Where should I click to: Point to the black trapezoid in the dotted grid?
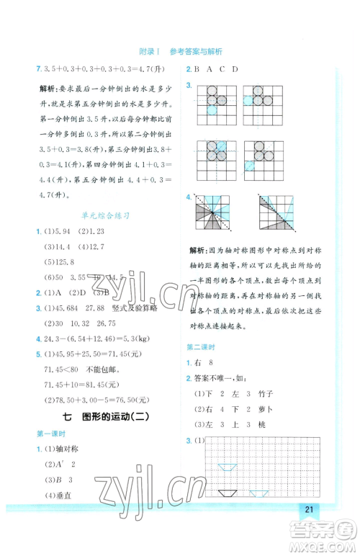[x=228, y=493]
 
